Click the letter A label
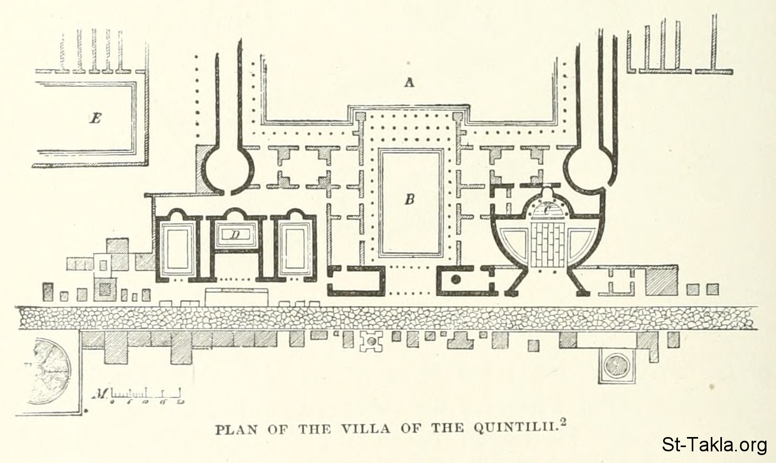(x=409, y=82)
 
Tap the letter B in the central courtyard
(x=409, y=200)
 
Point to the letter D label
(x=234, y=235)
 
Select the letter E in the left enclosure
(x=95, y=118)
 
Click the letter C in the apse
(x=548, y=210)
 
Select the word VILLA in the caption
(x=365, y=429)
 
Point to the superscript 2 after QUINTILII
(x=563, y=423)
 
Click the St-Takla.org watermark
(x=714, y=444)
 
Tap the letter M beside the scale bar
(x=100, y=394)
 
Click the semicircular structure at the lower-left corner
(x=50, y=372)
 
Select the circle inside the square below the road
(x=616, y=365)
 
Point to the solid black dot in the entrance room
(x=455, y=279)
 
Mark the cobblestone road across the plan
(x=387, y=317)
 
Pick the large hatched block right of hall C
(x=662, y=280)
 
